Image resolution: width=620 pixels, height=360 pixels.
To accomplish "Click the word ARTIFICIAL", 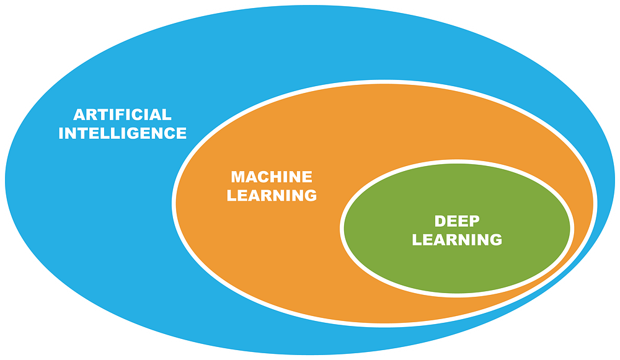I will (123, 114).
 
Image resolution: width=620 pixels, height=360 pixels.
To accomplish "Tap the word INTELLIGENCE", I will (122, 133).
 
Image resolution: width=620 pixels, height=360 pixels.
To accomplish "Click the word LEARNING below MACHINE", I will (272, 195).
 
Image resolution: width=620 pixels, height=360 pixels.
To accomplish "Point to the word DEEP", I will (458, 221).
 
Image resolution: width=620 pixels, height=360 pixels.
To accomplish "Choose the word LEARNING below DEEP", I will (457, 240).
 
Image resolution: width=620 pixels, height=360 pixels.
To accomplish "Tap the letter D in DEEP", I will (440, 221).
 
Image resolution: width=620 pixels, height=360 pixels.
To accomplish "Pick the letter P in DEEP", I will (474, 221).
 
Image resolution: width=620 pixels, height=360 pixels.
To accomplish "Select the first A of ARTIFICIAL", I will (79, 114).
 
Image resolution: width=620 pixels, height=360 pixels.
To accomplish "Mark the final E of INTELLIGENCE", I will (179, 133).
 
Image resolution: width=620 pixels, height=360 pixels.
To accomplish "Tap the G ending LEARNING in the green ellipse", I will (495, 240).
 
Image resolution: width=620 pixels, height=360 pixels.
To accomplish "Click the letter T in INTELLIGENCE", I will (84, 133).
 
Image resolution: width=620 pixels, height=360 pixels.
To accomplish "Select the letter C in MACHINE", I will (266, 177).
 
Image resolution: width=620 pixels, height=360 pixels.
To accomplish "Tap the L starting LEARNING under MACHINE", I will (232, 195).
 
